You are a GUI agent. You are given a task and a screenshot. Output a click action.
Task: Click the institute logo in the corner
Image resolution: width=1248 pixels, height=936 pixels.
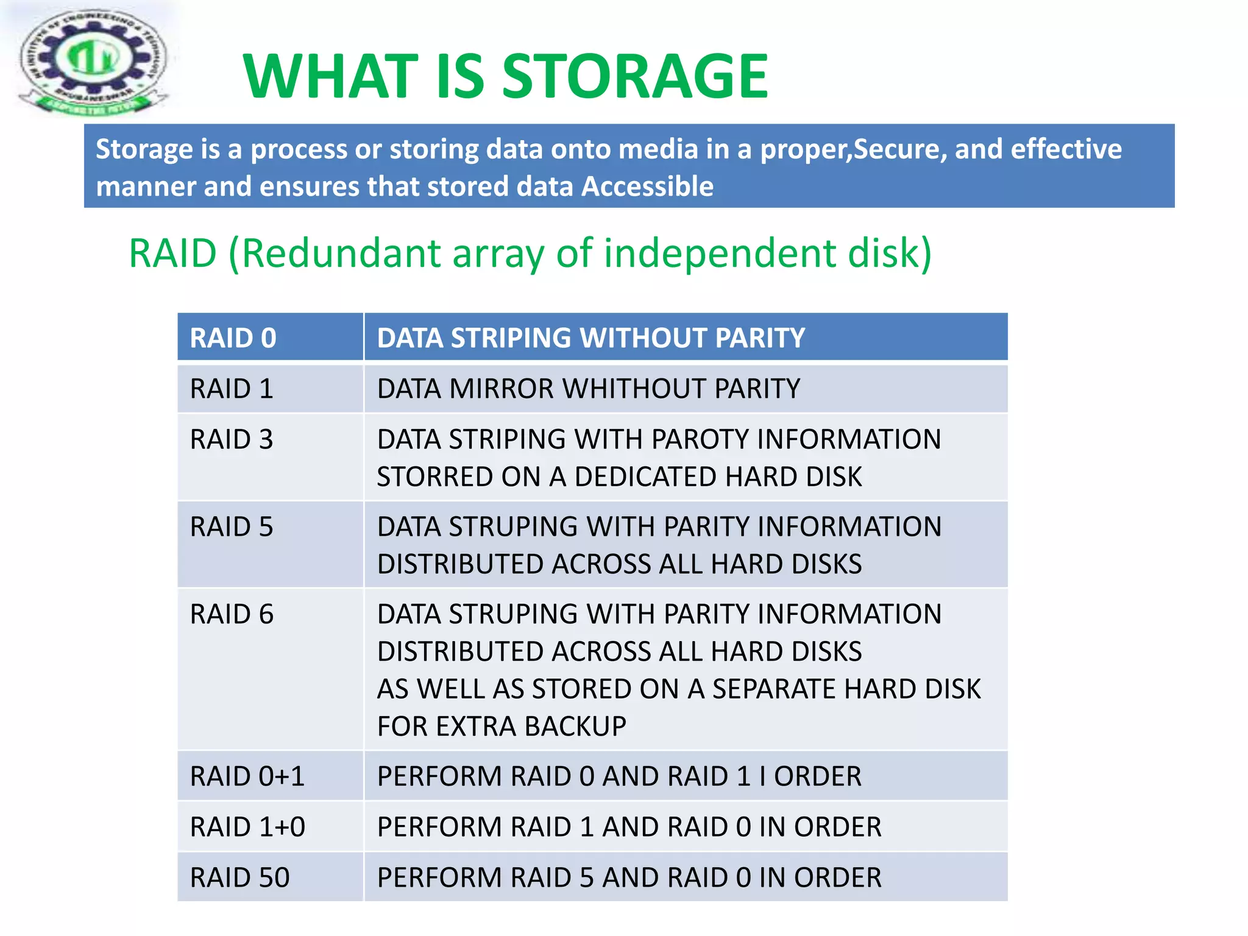click(91, 61)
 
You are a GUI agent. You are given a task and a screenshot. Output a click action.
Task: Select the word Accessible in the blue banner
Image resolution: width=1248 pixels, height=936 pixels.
click(647, 186)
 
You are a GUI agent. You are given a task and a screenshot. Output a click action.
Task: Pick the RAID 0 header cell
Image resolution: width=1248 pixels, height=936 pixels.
click(233, 338)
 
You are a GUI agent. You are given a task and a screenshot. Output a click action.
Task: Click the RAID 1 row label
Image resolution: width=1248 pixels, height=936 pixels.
click(232, 389)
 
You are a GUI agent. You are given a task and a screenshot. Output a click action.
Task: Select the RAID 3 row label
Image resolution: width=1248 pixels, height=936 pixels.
click(232, 439)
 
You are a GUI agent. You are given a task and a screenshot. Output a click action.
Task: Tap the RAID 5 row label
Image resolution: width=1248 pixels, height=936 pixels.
click(232, 527)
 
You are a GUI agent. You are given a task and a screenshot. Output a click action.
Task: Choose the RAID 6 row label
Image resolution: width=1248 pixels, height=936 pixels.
click(232, 614)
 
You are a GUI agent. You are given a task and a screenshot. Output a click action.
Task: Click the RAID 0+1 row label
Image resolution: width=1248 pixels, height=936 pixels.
click(247, 776)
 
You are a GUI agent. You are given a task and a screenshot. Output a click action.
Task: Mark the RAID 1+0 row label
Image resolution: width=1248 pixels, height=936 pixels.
click(247, 827)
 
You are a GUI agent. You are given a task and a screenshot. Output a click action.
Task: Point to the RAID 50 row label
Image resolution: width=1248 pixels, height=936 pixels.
click(239, 877)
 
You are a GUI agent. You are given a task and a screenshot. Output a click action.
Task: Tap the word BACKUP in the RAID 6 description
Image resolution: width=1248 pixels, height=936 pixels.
click(575, 726)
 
